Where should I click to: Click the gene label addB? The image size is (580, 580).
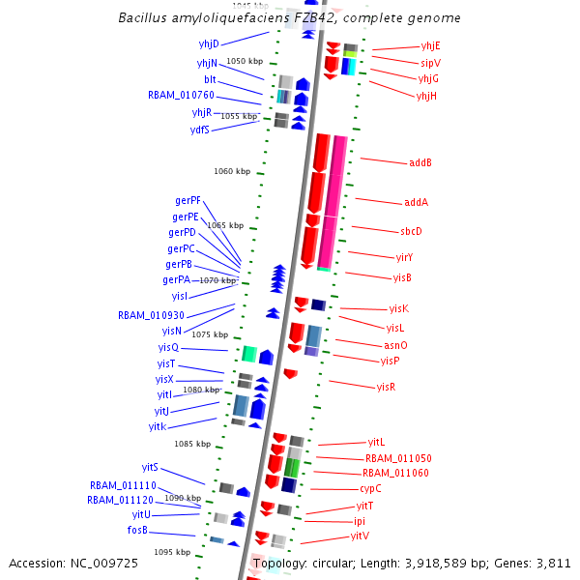(420, 162)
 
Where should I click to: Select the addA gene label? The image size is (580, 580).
(416, 203)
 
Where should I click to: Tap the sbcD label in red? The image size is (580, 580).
(411, 231)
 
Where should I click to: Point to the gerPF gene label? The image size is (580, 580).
(188, 200)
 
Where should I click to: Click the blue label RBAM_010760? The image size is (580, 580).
(181, 95)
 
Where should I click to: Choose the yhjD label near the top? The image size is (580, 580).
(209, 43)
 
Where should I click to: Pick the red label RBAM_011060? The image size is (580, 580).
(395, 473)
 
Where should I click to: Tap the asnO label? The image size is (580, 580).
(395, 345)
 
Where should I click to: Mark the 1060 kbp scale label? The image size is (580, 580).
(232, 171)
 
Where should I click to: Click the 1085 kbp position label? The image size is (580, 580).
(192, 444)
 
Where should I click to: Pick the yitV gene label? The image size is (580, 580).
(360, 536)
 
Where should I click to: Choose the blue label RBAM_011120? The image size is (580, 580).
(120, 500)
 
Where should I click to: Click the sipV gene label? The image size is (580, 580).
(430, 62)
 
